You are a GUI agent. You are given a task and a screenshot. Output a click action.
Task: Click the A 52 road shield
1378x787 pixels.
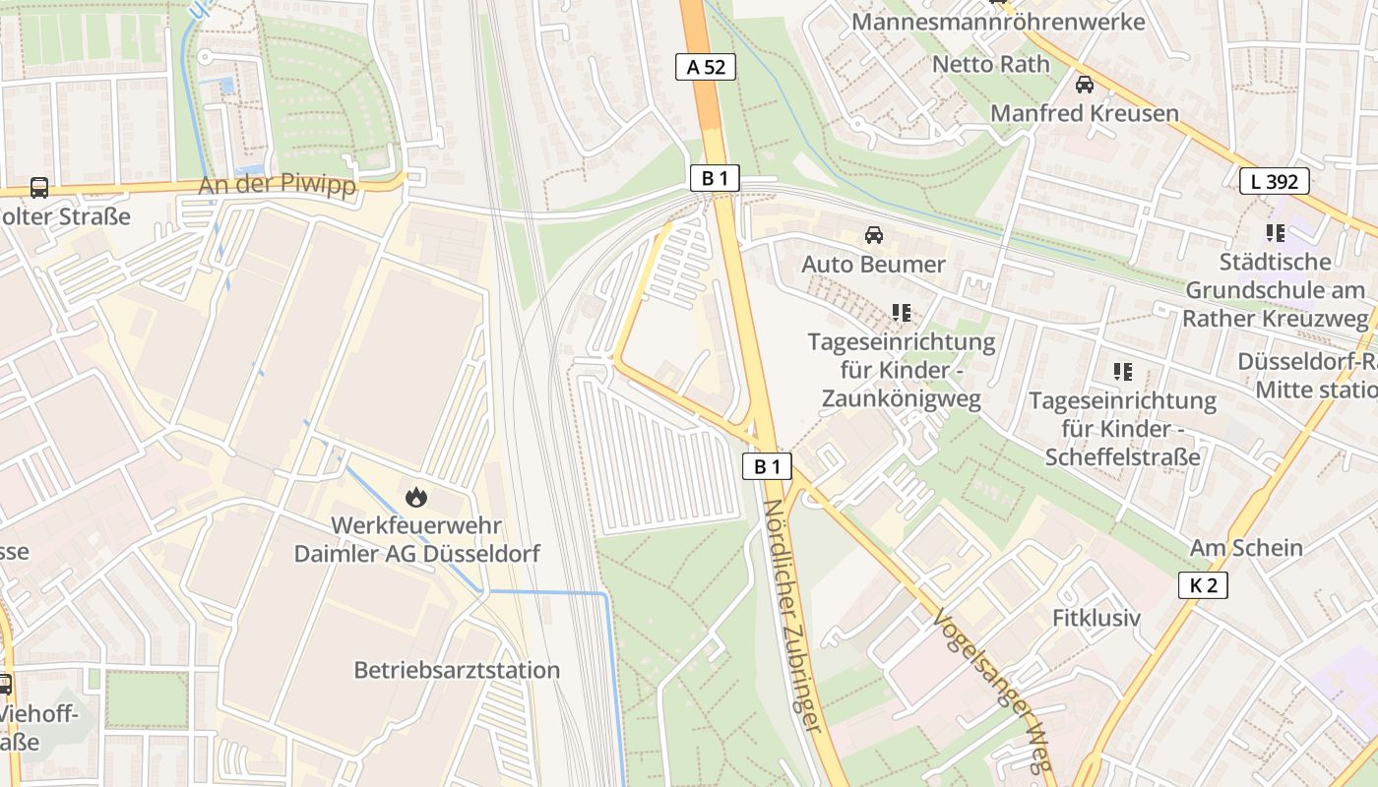tap(706, 67)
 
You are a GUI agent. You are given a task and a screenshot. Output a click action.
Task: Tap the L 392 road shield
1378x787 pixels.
tap(1274, 181)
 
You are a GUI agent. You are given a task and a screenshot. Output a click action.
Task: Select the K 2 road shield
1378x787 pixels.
tap(1203, 585)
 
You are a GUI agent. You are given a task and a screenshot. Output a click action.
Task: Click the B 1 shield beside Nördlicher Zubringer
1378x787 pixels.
tap(766, 466)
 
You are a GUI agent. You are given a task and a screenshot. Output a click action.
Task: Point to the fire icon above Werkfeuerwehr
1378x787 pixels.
tap(416, 498)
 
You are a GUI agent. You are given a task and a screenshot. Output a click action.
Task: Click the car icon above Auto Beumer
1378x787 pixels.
tap(873, 235)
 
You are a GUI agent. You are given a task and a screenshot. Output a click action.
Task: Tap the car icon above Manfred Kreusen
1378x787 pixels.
tap(1084, 85)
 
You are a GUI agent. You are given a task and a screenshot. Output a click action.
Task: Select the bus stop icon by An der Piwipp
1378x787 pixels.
tap(39, 187)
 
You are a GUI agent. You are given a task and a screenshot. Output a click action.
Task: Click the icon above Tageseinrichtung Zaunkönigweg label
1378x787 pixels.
tap(901, 313)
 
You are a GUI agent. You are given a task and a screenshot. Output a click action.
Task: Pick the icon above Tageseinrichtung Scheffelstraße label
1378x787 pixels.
tap(1122, 372)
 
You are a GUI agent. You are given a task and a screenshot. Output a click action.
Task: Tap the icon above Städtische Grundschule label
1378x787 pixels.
tap(1276, 233)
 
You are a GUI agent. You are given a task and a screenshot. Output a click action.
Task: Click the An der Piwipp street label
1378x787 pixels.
tap(277, 185)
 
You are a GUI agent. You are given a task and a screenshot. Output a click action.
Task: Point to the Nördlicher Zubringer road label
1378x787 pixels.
tap(793, 615)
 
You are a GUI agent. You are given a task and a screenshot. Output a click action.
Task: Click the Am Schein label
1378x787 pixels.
tap(1246, 548)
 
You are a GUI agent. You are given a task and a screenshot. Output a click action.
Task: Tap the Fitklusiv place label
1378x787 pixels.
tap(1096, 619)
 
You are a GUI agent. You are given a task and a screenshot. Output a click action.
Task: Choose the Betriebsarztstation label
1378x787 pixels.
tap(457, 670)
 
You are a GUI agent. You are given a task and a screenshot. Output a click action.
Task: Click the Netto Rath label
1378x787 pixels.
tap(990, 64)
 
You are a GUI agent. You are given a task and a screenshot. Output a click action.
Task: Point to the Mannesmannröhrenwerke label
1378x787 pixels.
tap(998, 21)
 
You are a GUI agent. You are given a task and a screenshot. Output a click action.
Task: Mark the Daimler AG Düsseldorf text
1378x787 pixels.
tap(416, 554)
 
